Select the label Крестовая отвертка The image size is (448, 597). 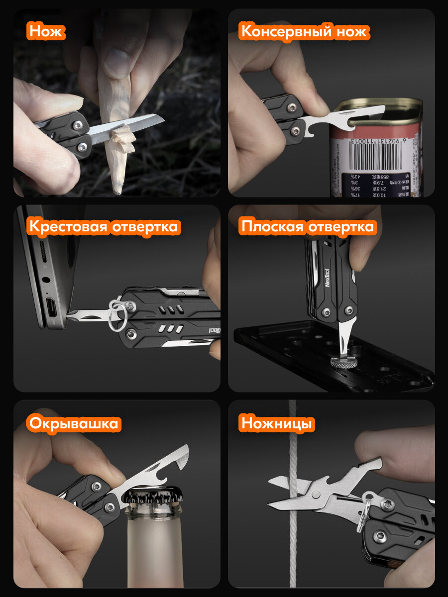click(103, 227)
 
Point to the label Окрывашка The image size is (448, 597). click(74, 424)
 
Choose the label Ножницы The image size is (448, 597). click(277, 424)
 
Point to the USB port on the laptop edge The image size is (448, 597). click(52, 303)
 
